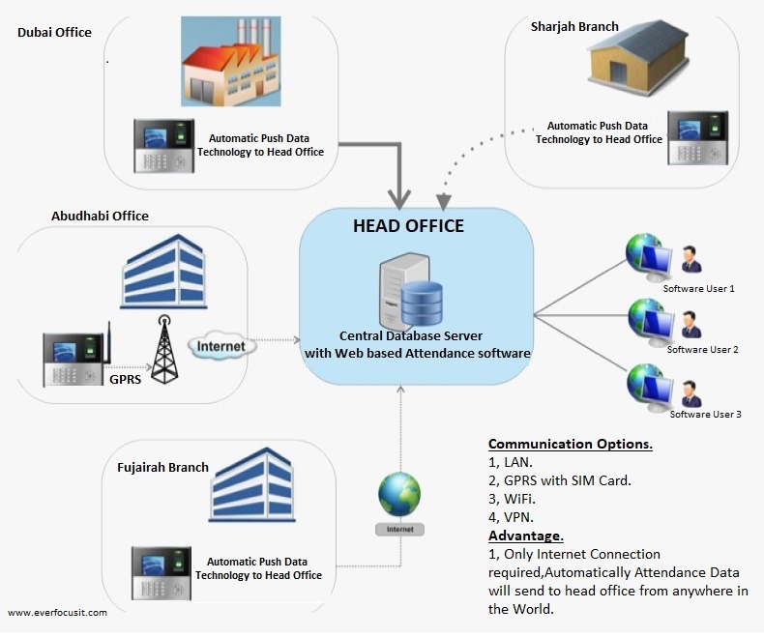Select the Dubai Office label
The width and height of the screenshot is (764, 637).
[x=54, y=33]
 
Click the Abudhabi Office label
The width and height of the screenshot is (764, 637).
[x=100, y=216]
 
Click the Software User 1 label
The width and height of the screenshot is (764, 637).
[x=698, y=289]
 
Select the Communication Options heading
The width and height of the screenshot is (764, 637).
[x=570, y=445]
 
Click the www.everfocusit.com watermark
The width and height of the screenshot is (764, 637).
[x=57, y=612]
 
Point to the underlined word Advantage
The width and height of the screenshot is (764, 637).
[x=525, y=536]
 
